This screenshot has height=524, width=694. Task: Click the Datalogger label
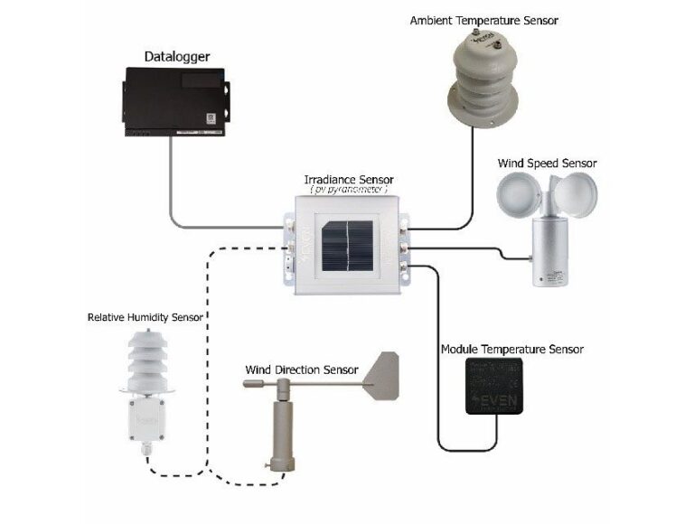click(177, 57)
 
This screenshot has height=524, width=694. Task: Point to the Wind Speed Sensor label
click(547, 164)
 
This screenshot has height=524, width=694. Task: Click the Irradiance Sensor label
click(348, 180)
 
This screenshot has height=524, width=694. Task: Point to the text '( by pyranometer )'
click(348, 191)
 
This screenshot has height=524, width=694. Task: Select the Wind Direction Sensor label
click(301, 370)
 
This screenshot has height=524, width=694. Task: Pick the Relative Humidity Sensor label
click(145, 317)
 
